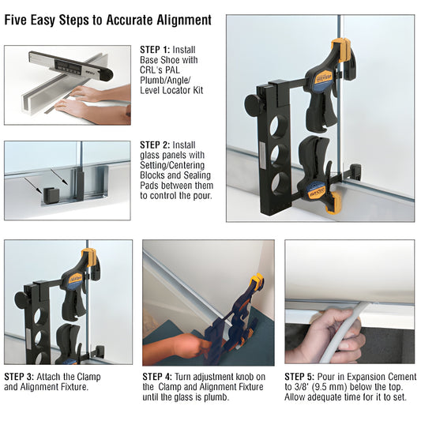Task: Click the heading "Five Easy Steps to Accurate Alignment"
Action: click(x=107, y=19)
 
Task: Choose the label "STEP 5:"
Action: click(x=303, y=377)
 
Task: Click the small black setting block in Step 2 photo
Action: click(x=53, y=194)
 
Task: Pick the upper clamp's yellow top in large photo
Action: click(x=342, y=47)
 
